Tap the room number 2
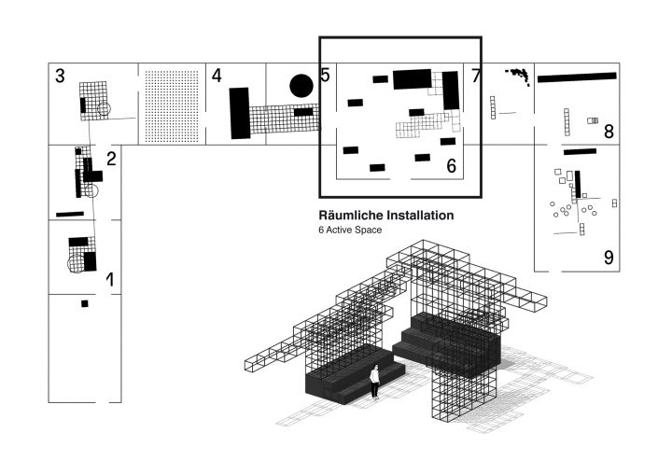tap(111, 158)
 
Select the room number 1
tap(111, 278)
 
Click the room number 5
tap(325, 76)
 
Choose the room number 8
tap(608, 132)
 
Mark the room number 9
tap(608, 257)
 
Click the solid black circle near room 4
tap(301, 87)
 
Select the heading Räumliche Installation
tap(386, 216)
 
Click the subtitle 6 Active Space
tap(350, 230)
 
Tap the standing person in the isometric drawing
tap(374, 381)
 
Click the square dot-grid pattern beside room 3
tap(171, 105)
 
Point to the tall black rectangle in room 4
tap(240, 113)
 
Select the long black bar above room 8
tap(577, 77)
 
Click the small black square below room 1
tap(84, 303)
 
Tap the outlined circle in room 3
tap(103, 110)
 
